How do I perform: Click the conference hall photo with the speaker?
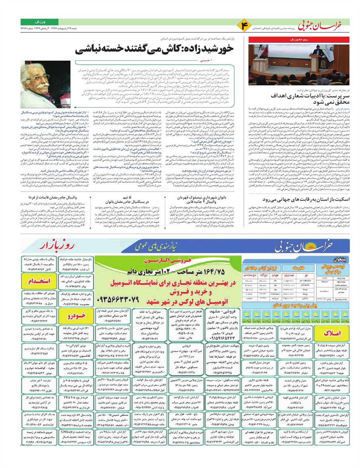[x=299, y=65]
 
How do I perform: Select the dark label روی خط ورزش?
[x=299, y=40]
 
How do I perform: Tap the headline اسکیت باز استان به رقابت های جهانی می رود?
[x=306, y=199]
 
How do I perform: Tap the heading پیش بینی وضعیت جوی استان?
[x=295, y=305]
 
